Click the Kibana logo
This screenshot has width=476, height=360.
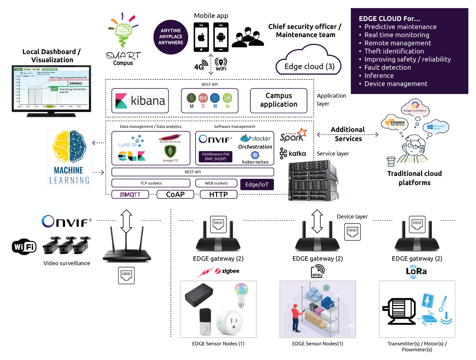coord(140,101)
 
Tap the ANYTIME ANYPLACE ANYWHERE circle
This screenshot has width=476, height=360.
coord(171,37)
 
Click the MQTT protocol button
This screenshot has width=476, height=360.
coord(130,195)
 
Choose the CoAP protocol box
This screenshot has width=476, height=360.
coord(175,195)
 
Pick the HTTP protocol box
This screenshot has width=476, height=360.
coord(218,195)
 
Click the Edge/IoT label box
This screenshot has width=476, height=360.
coord(257,185)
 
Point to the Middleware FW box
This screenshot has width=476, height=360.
coord(216,156)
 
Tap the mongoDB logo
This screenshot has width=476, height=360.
coord(170,153)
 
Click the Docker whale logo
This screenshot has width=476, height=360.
coord(255,138)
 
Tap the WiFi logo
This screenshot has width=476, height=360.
coord(24,247)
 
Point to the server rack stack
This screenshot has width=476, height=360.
coord(313,181)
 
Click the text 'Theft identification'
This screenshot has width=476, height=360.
coord(394,51)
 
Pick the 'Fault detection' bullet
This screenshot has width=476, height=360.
coord(388,68)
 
